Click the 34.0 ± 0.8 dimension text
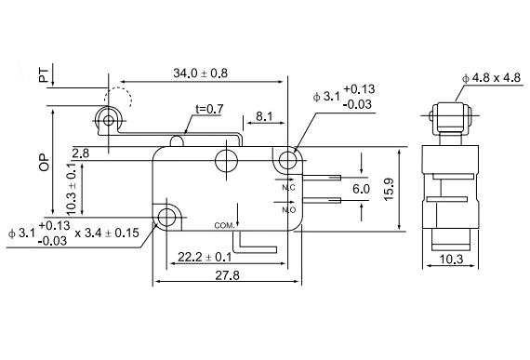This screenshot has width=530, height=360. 201,73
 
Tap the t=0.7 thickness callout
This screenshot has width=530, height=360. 209,109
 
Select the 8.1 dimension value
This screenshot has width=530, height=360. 264,116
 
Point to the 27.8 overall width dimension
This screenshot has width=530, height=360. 227,275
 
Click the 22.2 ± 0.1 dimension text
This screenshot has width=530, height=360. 205,258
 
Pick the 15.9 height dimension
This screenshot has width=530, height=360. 389,189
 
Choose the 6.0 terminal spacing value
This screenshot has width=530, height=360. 361,189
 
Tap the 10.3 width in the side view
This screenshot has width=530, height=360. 451,260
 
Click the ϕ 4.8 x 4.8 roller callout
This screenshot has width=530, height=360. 492,78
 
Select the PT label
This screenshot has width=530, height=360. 44,75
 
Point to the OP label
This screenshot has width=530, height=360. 45,163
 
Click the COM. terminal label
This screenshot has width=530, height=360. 224,225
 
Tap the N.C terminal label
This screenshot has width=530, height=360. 288,187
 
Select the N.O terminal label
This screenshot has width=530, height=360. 289,210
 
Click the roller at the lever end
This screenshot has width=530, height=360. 108,120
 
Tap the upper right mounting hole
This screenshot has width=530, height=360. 287,160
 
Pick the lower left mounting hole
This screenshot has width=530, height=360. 166,218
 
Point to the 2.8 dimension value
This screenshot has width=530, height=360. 81,153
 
